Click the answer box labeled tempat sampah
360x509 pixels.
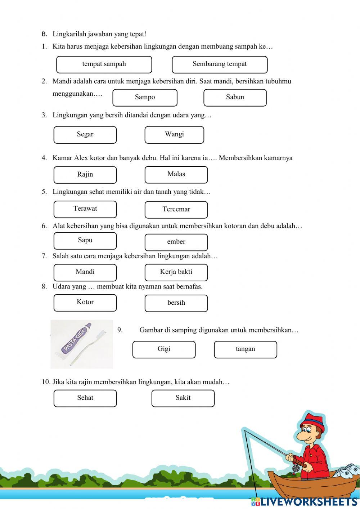point(104,64)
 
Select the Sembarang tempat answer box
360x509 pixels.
point(220,64)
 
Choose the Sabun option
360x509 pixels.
point(235,97)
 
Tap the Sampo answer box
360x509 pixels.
point(145,97)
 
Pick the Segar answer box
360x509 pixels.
point(85,134)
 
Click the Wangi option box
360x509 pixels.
point(174,134)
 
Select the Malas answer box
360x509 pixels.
point(176,174)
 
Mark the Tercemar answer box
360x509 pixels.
point(176,209)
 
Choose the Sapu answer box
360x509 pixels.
point(85,241)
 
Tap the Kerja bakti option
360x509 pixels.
point(176,272)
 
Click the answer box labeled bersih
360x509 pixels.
point(176,303)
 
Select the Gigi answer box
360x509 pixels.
point(164,349)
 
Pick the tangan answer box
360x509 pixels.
point(245,349)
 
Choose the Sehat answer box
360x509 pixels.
point(85,398)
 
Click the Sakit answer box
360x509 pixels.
point(183,398)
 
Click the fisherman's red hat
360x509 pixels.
point(313,422)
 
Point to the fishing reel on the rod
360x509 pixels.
point(296,468)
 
